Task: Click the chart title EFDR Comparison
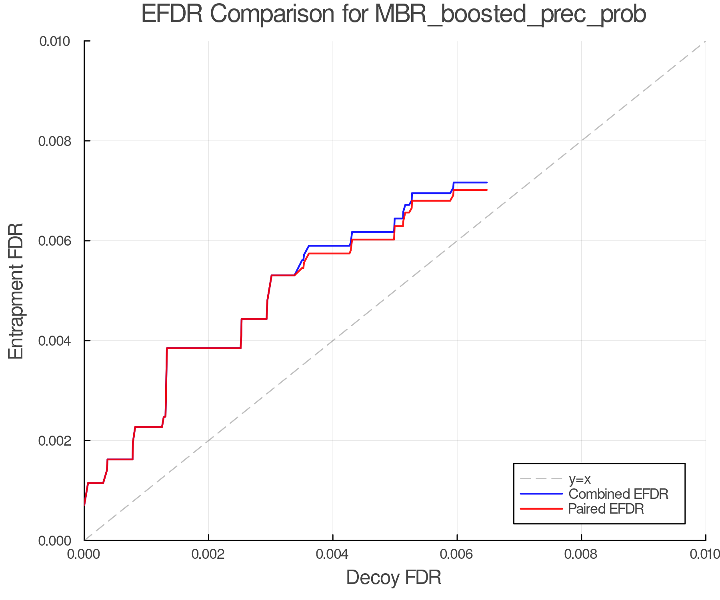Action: (x=394, y=14)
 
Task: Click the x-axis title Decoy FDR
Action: (x=394, y=577)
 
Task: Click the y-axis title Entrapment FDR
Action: (x=16, y=291)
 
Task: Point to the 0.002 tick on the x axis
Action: (x=208, y=554)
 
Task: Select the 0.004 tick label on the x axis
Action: (x=333, y=554)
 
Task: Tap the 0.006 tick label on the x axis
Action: (x=457, y=554)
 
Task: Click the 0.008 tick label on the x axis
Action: (x=581, y=554)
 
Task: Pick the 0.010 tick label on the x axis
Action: (x=705, y=554)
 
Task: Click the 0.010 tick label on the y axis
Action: (x=55, y=41)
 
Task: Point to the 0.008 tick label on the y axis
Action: (x=55, y=141)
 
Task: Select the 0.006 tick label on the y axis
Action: (x=55, y=241)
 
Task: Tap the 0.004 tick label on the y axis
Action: (x=55, y=341)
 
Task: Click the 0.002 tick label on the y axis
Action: (x=55, y=441)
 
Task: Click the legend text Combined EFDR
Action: (x=618, y=494)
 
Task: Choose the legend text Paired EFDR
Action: (x=606, y=509)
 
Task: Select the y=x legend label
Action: (x=580, y=479)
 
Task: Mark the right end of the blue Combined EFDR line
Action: (x=486, y=182)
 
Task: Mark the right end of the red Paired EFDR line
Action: (x=486, y=190)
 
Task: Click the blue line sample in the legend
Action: (x=541, y=494)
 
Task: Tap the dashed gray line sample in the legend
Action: (x=541, y=479)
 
